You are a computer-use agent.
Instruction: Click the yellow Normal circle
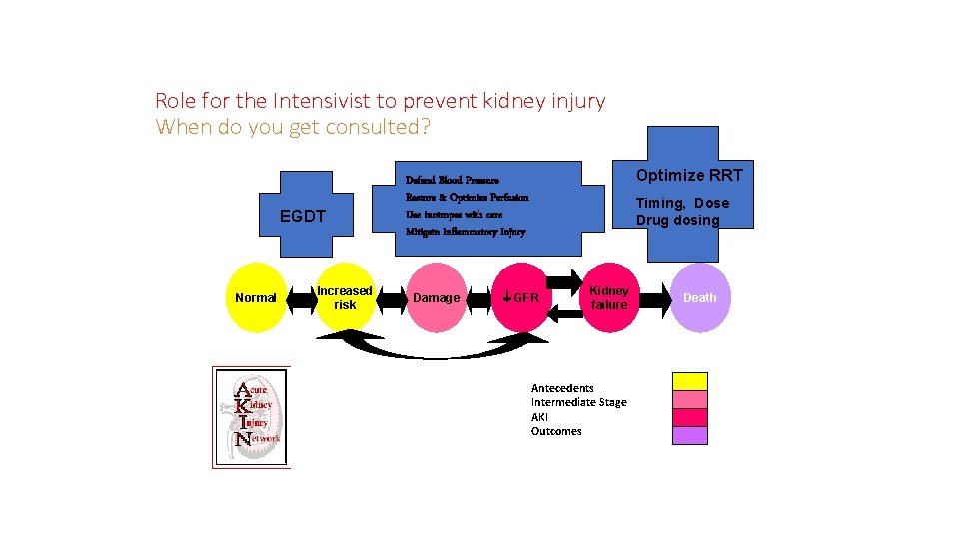coord(256,297)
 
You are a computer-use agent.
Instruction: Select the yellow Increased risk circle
coord(345,297)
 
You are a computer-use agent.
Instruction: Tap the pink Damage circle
coord(437,297)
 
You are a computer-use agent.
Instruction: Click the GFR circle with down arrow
coord(520,297)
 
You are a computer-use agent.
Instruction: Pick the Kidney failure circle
coord(608,297)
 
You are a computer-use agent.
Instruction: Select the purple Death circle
coord(699,297)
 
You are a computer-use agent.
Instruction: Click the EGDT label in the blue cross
coord(302,216)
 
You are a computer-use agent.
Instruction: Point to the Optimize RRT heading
coord(689,175)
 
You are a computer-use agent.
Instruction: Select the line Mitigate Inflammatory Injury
coord(466,232)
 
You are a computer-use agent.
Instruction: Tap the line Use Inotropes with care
coord(455,215)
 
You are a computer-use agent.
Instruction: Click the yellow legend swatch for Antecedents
coord(689,381)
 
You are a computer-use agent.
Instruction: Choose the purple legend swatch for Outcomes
coord(689,435)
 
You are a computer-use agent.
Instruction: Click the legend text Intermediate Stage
coord(579,402)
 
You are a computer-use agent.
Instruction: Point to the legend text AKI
coord(539,417)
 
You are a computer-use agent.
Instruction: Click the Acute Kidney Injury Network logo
coord(251,416)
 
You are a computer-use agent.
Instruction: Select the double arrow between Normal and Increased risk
coord(301,297)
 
